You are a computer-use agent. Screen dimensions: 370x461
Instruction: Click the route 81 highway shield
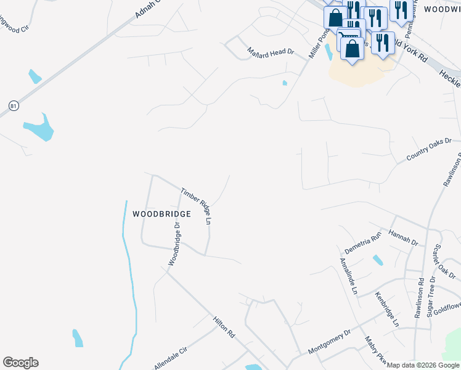click(x=14, y=106)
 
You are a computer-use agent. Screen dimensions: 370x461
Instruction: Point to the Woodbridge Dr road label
click(x=174, y=244)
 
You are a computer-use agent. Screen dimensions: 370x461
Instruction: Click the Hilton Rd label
click(x=224, y=327)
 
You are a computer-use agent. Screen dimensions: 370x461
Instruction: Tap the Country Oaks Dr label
click(x=429, y=150)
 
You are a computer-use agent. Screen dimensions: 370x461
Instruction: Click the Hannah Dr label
click(x=403, y=237)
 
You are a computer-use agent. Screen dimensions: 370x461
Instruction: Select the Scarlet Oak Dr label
click(x=444, y=261)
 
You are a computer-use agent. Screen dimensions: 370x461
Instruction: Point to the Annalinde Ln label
click(x=349, y=274)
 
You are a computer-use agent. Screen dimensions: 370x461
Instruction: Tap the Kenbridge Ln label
click(x=387, y=309)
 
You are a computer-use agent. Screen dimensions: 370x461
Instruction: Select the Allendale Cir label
click(x=170, y=358)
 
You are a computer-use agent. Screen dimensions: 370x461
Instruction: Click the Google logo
click(x=20, y=363)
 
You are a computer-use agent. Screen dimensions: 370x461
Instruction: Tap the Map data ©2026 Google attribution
click(x=423, y=365)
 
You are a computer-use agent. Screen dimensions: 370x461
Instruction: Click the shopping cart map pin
click(x=348, y=37)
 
